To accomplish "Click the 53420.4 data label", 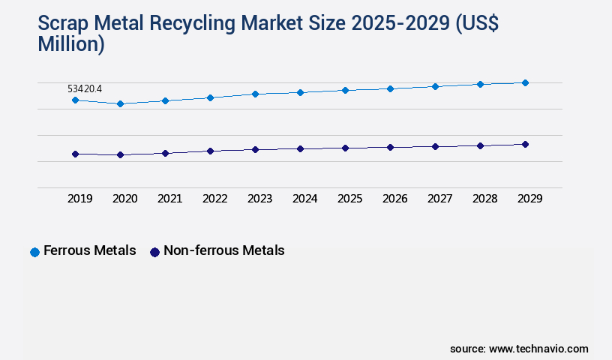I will (x=85, y=88).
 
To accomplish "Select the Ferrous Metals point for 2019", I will (x=75, y=100).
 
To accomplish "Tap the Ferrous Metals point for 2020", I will (x=120, y=103).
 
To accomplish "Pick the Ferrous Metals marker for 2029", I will (x=525, y=82).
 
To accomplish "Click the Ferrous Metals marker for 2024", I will (x=300, y=92).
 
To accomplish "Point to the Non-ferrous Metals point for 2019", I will (x=75, y=154).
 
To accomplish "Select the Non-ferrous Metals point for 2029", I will (x=525, y=144).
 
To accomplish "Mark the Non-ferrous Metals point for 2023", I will (x=255, y=149).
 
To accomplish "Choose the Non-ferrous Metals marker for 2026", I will (x=390, y=147).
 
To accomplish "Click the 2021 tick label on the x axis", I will (x=169, y=199).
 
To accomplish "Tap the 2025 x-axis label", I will (x=349, y=199).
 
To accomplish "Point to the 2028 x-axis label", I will (x=484, y=199).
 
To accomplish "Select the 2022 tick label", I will (x=214, y=199).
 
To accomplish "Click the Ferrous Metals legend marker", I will (x=34, y=252).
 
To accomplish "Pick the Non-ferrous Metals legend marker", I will (x=154, y=252).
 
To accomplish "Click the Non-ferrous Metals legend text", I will (x=223, y=250).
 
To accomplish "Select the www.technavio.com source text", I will (x=538, y=349).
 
